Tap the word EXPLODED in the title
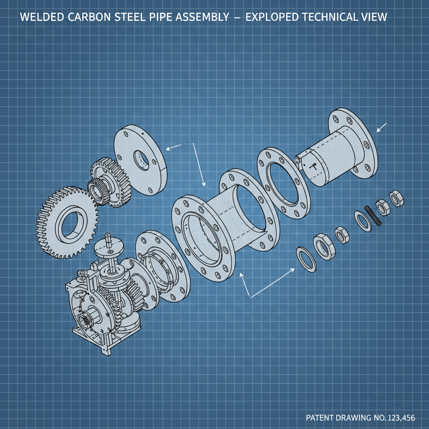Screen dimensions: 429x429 [271, 18]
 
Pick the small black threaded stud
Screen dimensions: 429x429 [372, 215]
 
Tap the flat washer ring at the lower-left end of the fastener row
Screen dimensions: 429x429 [307, 260]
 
